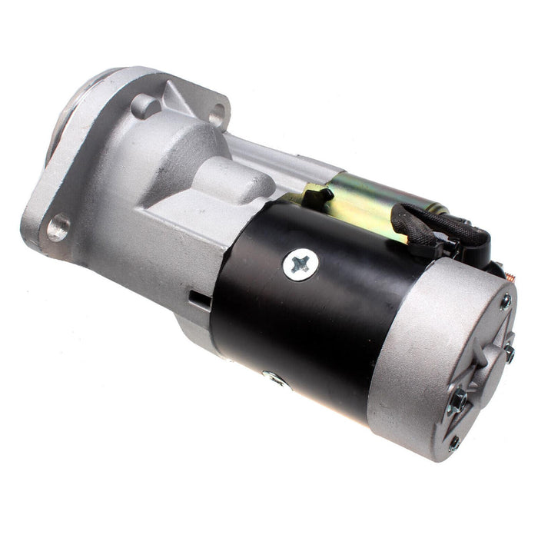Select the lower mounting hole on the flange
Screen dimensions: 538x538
click(58, 227)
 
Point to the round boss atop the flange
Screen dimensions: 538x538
click(145, 105)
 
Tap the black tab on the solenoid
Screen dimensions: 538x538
click(318, 198)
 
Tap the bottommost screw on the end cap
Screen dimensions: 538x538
click(454, 443)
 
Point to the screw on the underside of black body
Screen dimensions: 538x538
click(274, 377)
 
